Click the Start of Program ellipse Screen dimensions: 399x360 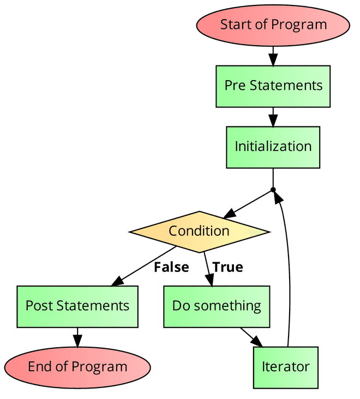coord(273,25)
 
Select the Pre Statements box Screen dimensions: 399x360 coord(273,86)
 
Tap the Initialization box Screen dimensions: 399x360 coord(273,147)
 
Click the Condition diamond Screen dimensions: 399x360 coord(199,231)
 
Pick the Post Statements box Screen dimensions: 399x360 coord(77,306)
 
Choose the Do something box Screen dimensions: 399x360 coord(217,306)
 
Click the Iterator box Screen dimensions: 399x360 coord(285,367)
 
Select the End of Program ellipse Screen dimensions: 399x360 coord(77,367)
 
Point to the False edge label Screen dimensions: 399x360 coord(171,267)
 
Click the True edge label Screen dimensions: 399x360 coord(227,267)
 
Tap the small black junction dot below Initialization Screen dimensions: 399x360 coord(273,190)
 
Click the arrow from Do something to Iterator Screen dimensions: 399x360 coord(251,337)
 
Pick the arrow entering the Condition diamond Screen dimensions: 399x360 coord(248,204)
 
